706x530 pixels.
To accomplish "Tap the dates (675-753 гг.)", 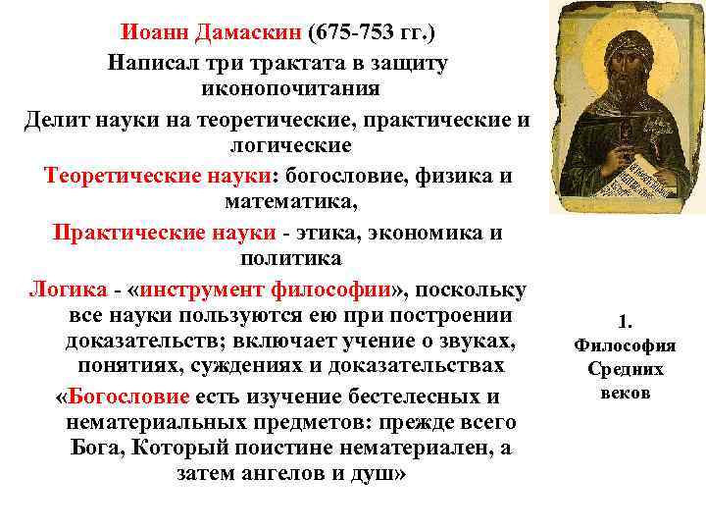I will tap(372, 32).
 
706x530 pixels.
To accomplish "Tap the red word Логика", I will tap(69, 291).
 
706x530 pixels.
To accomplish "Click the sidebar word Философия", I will tap(626, 345).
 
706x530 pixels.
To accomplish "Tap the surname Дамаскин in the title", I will tap(251, 32).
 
